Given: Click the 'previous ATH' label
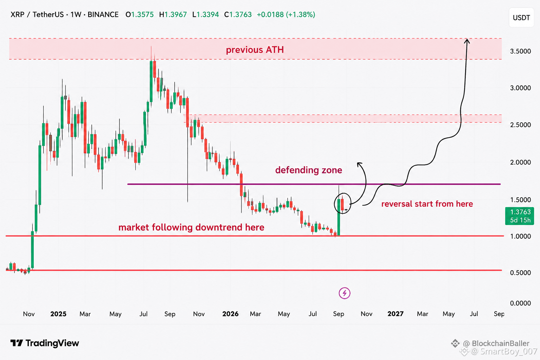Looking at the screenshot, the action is coord(255,50).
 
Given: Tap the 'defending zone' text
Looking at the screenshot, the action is coord(309,170).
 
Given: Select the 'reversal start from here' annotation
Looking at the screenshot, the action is coord(427,204).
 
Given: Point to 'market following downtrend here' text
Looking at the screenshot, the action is coord(191,227).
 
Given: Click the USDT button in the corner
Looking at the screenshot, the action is coord(521,18).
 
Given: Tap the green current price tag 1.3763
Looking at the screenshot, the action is coord(519,216).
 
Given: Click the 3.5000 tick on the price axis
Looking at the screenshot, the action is coord(520,51).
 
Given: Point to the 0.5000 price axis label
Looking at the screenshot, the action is coord(520,273).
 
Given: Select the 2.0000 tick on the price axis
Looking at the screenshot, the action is coord(520,162).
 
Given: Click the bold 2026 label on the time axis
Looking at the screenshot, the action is coord(230,314).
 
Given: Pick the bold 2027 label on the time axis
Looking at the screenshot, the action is coord(396,314).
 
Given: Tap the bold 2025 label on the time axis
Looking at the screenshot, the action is coord(58,314).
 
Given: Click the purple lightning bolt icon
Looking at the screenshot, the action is coord(345,293).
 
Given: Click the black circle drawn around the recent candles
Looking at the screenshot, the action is coord(334,204).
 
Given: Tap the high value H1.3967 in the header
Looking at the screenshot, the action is coord(173,15).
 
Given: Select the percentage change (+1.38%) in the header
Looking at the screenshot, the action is coord(300,15).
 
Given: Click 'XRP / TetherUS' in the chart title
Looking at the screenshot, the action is coord(37,15).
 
